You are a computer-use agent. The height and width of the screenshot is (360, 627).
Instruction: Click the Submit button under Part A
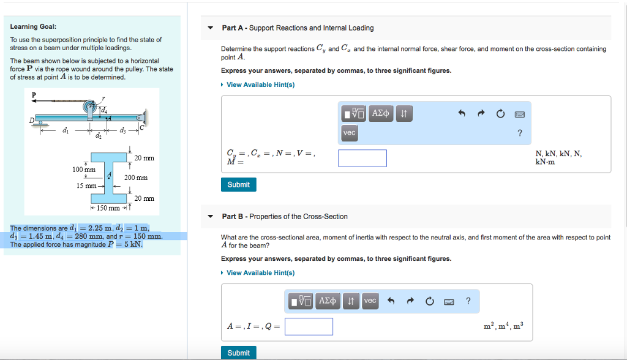238,184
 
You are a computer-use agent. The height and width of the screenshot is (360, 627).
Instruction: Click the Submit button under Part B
238,353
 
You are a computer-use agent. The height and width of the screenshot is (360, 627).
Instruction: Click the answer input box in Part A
362,158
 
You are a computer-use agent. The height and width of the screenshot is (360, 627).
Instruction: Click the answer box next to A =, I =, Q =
309,326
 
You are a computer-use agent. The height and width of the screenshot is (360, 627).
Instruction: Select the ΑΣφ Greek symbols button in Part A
381,114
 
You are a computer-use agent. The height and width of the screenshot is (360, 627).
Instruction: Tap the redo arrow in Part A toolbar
481,114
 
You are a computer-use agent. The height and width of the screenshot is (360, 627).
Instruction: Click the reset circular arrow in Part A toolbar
500,114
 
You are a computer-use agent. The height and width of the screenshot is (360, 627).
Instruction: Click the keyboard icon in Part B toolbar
448,301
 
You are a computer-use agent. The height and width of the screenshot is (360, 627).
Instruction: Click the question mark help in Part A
520,133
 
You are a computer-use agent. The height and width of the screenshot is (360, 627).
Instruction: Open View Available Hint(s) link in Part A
260,84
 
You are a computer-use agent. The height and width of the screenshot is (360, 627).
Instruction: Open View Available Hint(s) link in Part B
260,272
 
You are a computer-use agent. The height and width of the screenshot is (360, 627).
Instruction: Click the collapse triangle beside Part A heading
211,28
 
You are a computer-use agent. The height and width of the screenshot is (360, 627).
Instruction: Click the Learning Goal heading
33,26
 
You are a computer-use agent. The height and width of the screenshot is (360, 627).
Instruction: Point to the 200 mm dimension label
136,178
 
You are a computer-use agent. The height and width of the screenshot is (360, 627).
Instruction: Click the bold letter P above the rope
34,94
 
